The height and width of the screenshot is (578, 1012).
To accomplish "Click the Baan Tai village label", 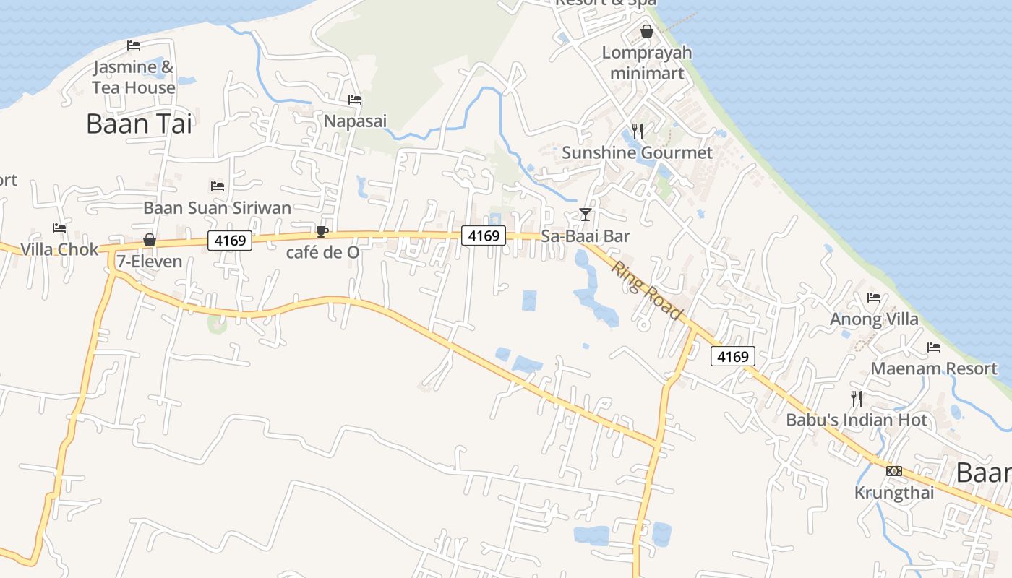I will [x=140, y=124].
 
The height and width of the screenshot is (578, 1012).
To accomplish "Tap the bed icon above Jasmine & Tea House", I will [x=134, y=46].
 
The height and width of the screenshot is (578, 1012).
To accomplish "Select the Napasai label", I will [x=355, y=121].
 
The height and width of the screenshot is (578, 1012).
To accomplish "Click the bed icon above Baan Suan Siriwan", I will [x=218, y=186].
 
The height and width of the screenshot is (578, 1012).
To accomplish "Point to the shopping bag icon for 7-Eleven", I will [x=150, y=240].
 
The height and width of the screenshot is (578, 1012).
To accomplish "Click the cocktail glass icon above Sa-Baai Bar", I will [x=586, y=215].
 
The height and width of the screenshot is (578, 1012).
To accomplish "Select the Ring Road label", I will [x=647, y=290].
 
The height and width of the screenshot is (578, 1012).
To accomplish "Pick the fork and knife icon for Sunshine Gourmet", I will [x=637, y=131].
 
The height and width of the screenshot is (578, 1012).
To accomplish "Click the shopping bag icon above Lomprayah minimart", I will [x=647, y=31].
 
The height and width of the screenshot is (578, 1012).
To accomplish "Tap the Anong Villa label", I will [x=874, y=319].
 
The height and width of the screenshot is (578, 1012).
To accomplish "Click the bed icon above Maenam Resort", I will [x=934, y=348].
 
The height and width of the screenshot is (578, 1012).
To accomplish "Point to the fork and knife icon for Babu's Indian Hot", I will [x=857, y=398].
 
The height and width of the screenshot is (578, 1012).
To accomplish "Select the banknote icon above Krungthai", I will [x=894, y=471].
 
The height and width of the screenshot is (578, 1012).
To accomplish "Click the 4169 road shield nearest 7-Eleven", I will [x=230, y=241].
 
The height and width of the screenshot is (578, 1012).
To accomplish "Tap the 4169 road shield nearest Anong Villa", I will [x=733, y=356].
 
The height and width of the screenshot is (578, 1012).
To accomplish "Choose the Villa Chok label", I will [x=59, y=249].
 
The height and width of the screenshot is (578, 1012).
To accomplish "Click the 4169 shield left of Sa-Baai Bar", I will [x=484, y=236].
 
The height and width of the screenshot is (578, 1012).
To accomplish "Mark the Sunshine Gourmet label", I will [x=637, y=152].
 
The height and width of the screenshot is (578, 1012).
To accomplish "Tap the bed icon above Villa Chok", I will [x=59, y=228].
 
